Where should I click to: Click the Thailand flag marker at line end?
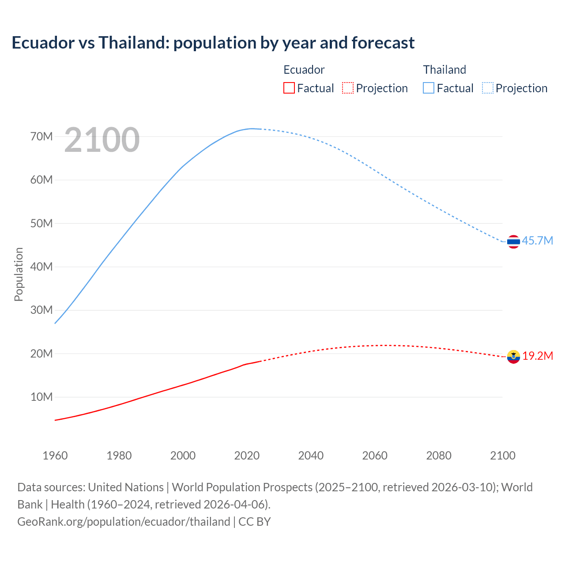coord(513,241)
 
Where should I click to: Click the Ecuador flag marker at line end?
coord(513,356)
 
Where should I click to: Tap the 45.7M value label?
coord(537,241)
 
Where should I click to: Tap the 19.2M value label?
coord(538,356)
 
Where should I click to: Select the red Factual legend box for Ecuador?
coord(289,88)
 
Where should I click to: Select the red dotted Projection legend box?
coord(348,88)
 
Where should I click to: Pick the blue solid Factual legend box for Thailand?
coord(428,88)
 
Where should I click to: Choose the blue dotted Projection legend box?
coord(487,88)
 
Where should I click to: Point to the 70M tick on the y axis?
coord(41,136)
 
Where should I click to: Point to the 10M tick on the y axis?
coord(41,397)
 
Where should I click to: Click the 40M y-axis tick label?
coord(41,267)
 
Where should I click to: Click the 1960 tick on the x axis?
coord(55,456)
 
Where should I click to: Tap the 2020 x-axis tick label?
coord(247,456)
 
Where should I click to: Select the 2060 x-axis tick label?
coord(375,456)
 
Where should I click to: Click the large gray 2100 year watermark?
coord(102,140)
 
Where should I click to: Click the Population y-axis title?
coord(19,274)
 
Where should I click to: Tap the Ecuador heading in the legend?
coord(304,70)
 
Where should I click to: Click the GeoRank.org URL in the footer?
coord(124,521)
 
